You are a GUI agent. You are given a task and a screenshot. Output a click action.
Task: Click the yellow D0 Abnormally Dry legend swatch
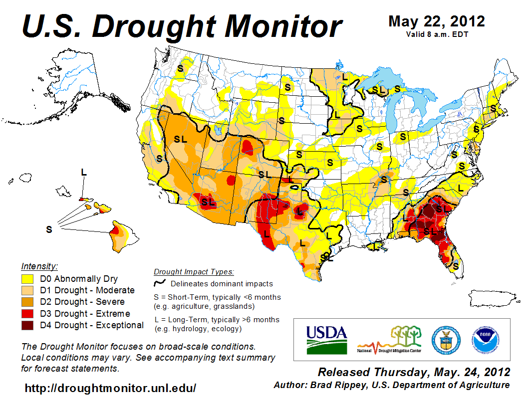click(27, 279)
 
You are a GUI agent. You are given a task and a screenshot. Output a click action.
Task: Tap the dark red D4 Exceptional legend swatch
click(27, 325)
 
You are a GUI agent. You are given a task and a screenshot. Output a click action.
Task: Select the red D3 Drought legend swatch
click(27, 314)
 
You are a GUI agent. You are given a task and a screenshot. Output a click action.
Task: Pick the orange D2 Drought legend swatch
click(27, 302)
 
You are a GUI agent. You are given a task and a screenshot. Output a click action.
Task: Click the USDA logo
click(326, 339)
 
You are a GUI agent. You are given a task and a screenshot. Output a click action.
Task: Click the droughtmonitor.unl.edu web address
click(110, 388)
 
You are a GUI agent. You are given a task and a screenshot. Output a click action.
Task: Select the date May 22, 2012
click(436, 21)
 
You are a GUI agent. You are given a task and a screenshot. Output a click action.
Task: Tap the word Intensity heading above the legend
click(39, 266)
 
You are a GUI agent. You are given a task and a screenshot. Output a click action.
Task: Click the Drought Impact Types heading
click(194, 272)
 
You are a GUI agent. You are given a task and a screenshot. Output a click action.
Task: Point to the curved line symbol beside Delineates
click(160, 283)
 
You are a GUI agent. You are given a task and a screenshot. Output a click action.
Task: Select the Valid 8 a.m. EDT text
click(436, 34)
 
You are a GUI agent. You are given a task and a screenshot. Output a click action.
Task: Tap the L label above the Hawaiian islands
click(84, 172)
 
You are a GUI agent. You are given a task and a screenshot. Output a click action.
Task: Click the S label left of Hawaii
click(49, 229)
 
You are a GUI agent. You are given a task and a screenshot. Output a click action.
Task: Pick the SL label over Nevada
click(180, 139)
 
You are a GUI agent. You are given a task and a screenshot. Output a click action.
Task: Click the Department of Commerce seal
click(446, 339)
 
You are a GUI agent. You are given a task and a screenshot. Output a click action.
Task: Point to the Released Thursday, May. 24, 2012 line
click(414, 372)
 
